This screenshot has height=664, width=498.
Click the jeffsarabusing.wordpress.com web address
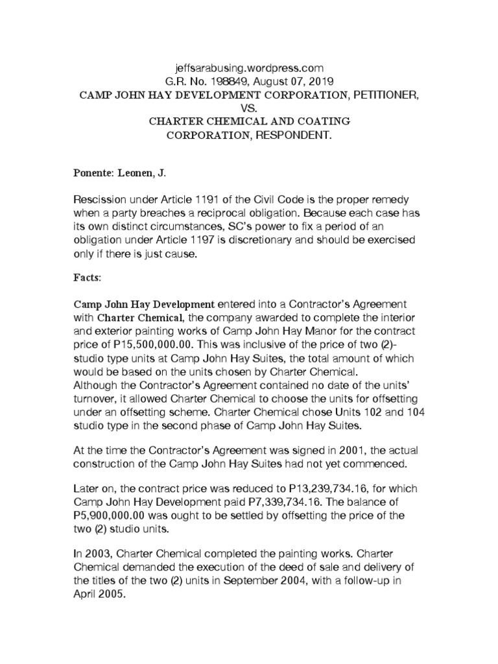pyautogui.click(x=249, y=67)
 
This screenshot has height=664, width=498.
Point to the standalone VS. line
pyautogui.click(x=249, y=108)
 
